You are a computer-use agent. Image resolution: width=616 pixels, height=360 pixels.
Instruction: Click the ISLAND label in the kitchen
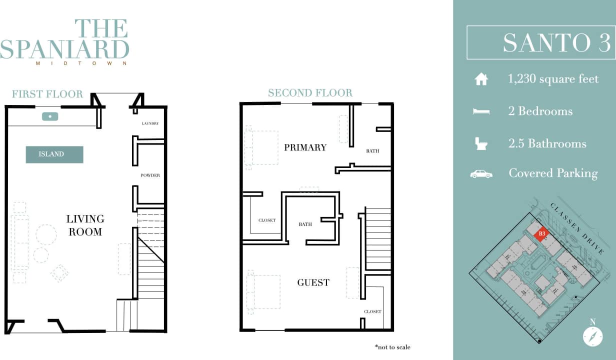[x=54, y=154]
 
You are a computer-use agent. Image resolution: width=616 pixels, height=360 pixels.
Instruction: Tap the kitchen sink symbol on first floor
[x=50, y=116]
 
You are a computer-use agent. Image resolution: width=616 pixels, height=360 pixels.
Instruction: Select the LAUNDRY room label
[x=150, y=123]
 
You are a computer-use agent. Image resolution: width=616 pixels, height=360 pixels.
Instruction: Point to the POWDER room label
[x=150, y=175]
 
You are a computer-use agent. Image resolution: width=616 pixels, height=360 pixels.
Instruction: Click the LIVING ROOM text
[x=85, y=225]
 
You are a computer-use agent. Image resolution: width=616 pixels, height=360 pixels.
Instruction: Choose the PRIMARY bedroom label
[x=305, y=147]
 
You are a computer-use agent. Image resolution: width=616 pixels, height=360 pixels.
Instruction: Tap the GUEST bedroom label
[x=313, y=282]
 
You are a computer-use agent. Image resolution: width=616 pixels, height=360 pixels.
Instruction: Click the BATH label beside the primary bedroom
[x=372, y=150]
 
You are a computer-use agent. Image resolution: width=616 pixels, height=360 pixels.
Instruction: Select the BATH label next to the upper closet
[x=305, y=224]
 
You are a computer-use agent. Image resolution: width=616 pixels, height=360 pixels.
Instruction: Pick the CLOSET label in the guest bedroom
[x=372, y=311]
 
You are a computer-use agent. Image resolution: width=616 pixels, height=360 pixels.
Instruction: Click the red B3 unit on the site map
[x=541, y=233]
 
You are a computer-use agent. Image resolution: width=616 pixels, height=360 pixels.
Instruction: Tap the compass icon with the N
[x=592, y=335]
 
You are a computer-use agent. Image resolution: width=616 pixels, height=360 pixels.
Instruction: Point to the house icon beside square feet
[x=481, y=79]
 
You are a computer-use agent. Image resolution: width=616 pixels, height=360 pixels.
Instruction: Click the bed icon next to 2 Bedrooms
[x=481, y=111]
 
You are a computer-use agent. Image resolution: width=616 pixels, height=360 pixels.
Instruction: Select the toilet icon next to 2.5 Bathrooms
[x=481, y=143]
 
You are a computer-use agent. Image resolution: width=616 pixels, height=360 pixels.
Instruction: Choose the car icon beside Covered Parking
[x=481, y=174]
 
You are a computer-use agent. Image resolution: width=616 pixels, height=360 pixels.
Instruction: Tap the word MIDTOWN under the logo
[x=81, y=63]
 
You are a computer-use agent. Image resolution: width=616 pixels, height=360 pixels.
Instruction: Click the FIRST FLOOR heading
[x=47, y=94]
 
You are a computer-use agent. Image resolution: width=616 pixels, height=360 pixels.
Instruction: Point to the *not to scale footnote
[x=392, y=346]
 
